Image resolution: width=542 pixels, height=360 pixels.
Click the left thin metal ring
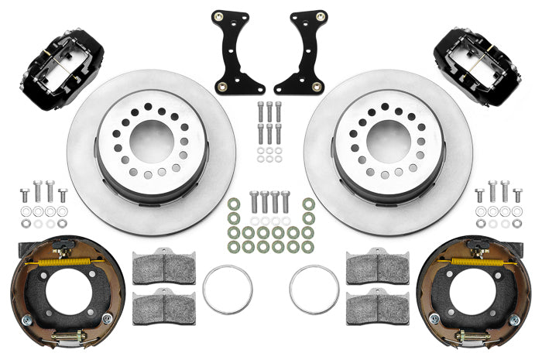pyautogui.click(x=228, y=290)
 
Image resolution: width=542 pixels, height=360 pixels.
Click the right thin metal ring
pyautogui.click(x=314, y=290)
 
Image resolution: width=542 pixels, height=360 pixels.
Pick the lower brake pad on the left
pyautogui.click(x=164, y=307)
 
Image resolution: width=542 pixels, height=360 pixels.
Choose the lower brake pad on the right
pyautogui.click(x=377, y=307)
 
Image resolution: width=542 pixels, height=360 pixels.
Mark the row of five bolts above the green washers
pyautogui.click(x=269, y=203)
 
